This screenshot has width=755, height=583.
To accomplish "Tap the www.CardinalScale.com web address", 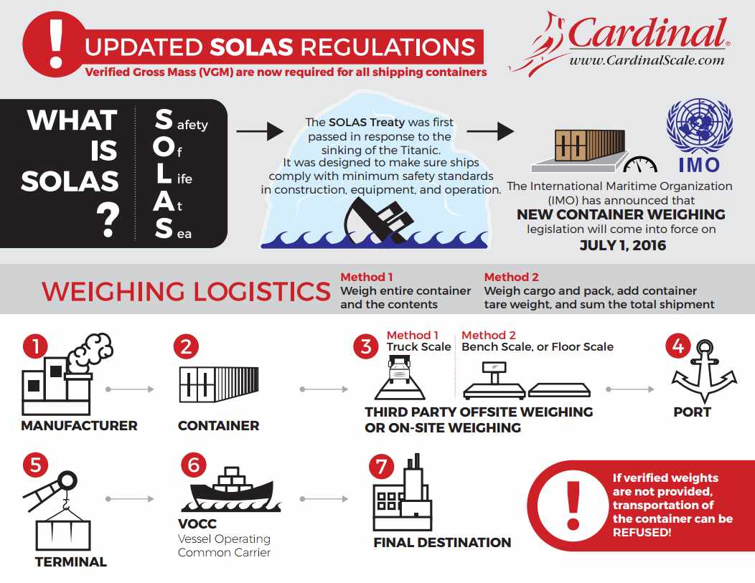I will click(647, 60).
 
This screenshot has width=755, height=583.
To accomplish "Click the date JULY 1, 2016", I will click(623, 245).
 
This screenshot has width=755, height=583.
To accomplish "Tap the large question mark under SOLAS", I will click(108, 220).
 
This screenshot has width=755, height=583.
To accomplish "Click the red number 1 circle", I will click(35, 347).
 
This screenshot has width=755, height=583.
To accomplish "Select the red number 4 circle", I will click(677, 347).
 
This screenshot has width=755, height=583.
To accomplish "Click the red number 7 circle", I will click(381, 467).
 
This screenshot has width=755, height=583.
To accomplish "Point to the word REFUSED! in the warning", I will click(642, 532).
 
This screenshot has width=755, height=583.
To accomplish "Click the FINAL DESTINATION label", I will click(442, 542).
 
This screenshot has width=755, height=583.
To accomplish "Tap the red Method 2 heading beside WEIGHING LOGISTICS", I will click(510, 278).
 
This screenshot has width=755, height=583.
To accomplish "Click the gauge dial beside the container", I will click(640, 164).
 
